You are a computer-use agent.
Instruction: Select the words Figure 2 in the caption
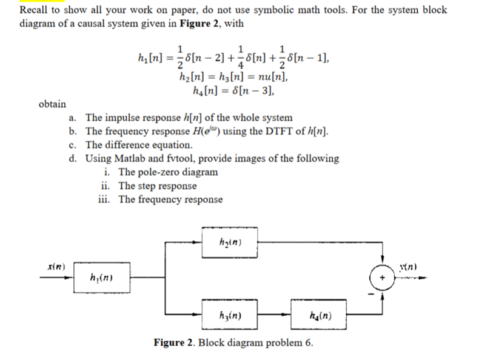point(175,343)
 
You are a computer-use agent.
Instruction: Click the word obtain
point(52,104)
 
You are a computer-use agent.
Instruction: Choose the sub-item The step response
point(157,186)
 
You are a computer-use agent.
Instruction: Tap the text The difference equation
point(139,145)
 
